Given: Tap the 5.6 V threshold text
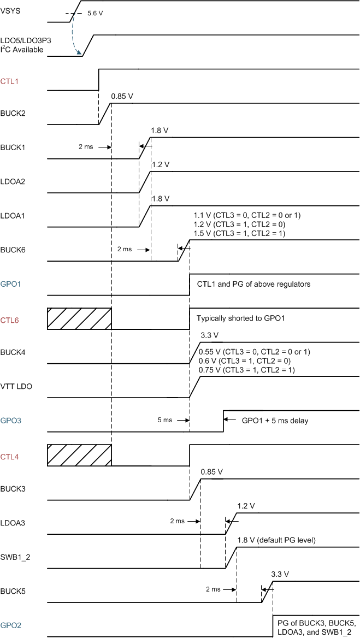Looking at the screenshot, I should (x=94, y=14).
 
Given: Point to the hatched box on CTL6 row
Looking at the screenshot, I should (x=79, y=318).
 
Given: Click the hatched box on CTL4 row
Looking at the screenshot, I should (x=79, y=454).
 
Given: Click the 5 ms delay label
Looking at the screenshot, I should (x=166, y=420).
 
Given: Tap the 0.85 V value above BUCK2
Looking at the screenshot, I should (x=122, y=97).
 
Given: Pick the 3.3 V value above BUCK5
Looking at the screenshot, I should (x=280, y=574).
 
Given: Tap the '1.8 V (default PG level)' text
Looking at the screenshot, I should (x=276, y=540).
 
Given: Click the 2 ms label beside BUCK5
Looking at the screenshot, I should (x=213, y=589).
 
